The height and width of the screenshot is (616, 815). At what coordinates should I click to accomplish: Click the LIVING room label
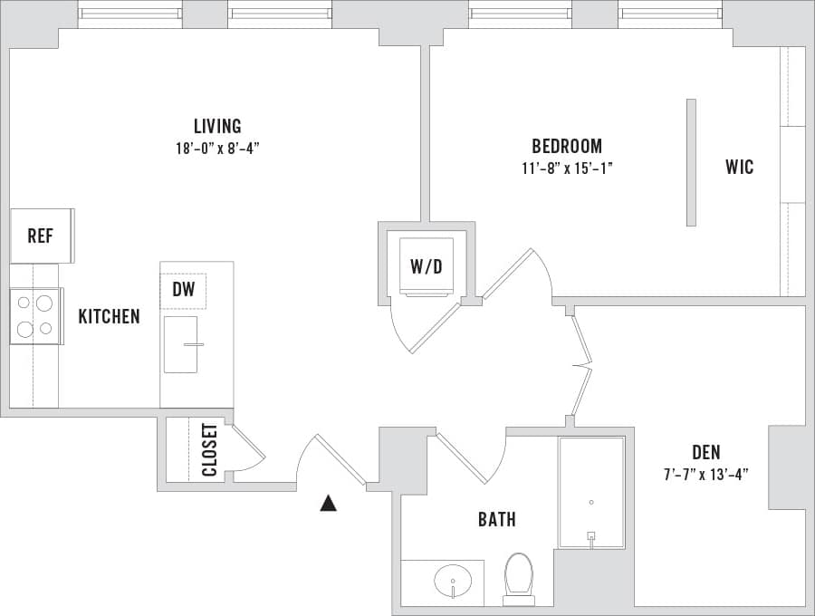coord(217,126)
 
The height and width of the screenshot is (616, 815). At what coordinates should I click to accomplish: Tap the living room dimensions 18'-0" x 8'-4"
coord(217,149)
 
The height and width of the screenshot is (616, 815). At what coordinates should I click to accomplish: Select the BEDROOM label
coord(566,146)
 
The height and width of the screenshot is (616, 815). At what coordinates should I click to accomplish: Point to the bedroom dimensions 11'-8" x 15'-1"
coord(566,168)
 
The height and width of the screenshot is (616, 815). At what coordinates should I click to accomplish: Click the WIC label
coord(739,167)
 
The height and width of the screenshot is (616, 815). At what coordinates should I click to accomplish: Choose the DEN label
coord(706,452)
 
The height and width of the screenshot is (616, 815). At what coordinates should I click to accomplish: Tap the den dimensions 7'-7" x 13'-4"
coord(706,474)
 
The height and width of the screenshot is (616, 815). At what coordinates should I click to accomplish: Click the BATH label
coord(496,519)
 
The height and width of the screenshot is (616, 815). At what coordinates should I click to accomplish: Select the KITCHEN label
coord(109,316)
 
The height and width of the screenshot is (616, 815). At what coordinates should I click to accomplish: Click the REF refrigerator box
coord(41,236)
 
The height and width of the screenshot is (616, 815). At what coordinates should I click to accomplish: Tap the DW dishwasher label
coord(184,291)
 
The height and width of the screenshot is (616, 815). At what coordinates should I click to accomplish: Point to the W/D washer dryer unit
coord(426,266)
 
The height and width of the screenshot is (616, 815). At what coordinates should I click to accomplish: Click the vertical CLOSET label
coord(209,449)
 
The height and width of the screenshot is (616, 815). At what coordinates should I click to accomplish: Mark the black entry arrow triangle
coord(328,503)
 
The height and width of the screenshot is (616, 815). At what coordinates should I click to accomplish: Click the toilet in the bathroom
coord(519,577)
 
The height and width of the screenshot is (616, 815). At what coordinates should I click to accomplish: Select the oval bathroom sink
coord(452,578)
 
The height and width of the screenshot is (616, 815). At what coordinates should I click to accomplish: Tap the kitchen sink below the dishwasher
coord(181,344)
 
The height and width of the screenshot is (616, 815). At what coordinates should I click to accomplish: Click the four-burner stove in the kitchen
coord(35,316)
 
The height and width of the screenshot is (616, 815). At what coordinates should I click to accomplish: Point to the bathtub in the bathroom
coord(590,493)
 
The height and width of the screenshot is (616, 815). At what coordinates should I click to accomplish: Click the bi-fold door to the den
coord(581,366)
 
